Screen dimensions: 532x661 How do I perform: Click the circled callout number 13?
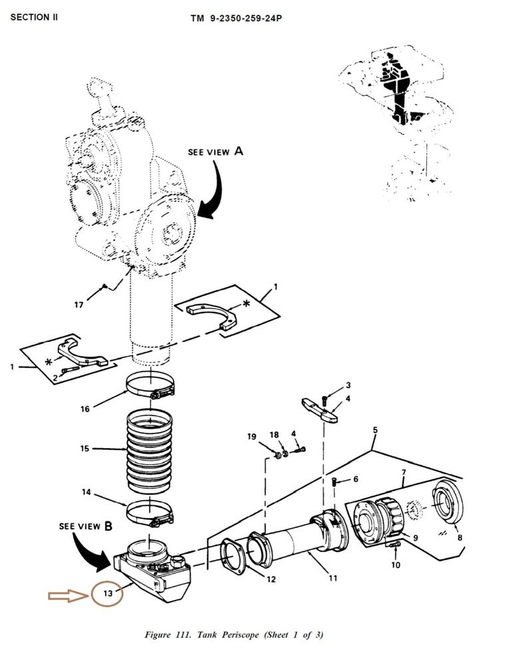(108, 593)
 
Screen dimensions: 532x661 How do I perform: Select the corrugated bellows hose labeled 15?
(149, 450)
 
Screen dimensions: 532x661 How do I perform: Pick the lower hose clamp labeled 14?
(150, 513)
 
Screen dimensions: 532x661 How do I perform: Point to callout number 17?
(79, 305)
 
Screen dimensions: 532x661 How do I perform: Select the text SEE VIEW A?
(215, 151)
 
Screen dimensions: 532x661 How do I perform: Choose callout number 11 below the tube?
(333, 578)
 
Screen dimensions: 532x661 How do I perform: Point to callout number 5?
(375, 430)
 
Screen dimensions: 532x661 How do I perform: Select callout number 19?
(251, 436)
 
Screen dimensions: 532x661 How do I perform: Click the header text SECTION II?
(34, 17)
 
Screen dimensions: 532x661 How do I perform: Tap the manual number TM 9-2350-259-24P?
(236, 19)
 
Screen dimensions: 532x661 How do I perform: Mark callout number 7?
(404, 472)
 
